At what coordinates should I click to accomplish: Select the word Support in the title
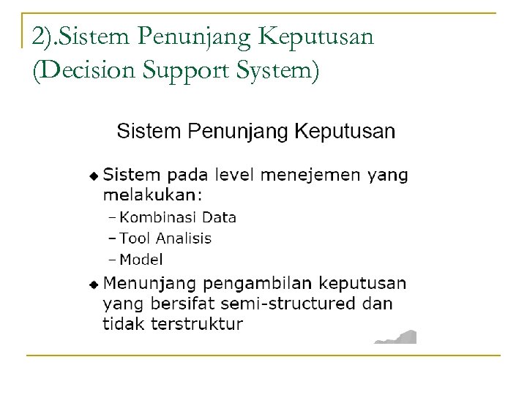[183, 72]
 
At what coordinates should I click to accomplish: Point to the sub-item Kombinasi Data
[178, 217]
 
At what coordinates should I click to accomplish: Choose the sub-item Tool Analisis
[165, 238]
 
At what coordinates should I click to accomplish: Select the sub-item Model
[141, 259]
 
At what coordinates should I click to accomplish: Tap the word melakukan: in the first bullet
[152, 195]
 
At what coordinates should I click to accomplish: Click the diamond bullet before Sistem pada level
[93, 176]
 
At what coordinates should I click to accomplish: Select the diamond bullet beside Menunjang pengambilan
[93, 283]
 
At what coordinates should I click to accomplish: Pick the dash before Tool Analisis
[112, 238]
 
